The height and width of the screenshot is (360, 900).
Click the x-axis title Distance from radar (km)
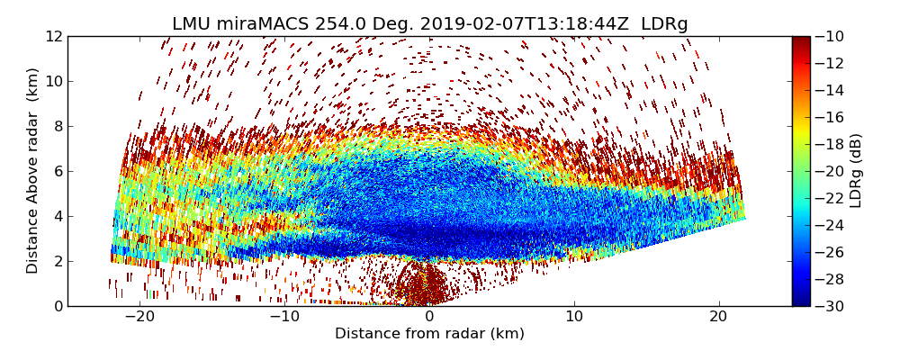tap(429, 334)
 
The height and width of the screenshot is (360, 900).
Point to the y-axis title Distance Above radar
tap(33, 171)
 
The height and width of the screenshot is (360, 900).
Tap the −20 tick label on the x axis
tap(139, 317)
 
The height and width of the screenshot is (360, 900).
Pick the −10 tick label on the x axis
tap(284, 317)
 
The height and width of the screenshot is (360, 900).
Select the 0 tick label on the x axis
tap(429, 317)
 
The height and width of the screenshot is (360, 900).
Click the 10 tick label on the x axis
tap(574, 317)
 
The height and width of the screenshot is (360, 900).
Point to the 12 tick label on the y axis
tap(53, 37)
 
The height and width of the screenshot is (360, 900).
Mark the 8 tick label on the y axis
tap(57, 127)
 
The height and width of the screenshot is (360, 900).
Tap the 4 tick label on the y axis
tap(57, 216)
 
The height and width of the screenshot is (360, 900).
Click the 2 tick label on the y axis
tap(57, 261)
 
